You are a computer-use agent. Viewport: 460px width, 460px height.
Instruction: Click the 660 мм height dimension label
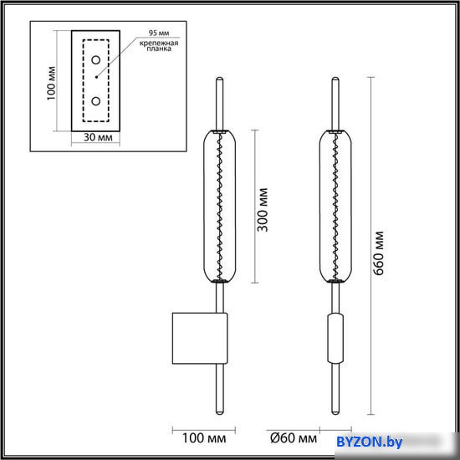[x=379, y=253]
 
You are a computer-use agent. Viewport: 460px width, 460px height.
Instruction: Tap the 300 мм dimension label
[x=263, y=209]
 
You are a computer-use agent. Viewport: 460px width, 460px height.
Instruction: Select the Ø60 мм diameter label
[x=294, y=438]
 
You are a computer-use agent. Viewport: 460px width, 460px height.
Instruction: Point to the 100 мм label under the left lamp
[x=204, y=438]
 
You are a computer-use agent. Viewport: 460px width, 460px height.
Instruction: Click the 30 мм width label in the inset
[x=98, y=137]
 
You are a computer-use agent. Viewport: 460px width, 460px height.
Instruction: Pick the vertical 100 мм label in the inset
[x=51, y=84]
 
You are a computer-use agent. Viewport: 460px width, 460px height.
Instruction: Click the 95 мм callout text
[x=159, y=33]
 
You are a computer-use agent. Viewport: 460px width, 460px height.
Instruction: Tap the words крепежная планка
[x=159, y=46]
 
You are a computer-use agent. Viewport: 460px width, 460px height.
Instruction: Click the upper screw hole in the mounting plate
[x=95, y=60]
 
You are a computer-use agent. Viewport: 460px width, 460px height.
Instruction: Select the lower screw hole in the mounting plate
[x=95, y=101]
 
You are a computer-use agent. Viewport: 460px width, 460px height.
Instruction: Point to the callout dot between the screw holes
[x=96, y=77]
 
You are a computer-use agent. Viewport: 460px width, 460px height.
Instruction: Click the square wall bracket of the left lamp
[x=200, y=338]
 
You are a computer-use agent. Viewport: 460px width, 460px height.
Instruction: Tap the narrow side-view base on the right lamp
[x=335, y=338]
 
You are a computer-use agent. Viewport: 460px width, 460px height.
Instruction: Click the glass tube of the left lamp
[x=220, y=207]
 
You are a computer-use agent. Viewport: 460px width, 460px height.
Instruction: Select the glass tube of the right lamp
[x=335, y=207]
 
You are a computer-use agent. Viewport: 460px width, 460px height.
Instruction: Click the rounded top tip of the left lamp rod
[x=219, y=78]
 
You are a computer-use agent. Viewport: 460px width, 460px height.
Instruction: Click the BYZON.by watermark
[x=370, y=442]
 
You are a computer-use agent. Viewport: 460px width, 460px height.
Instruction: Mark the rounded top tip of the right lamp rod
[x=335, y=78]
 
